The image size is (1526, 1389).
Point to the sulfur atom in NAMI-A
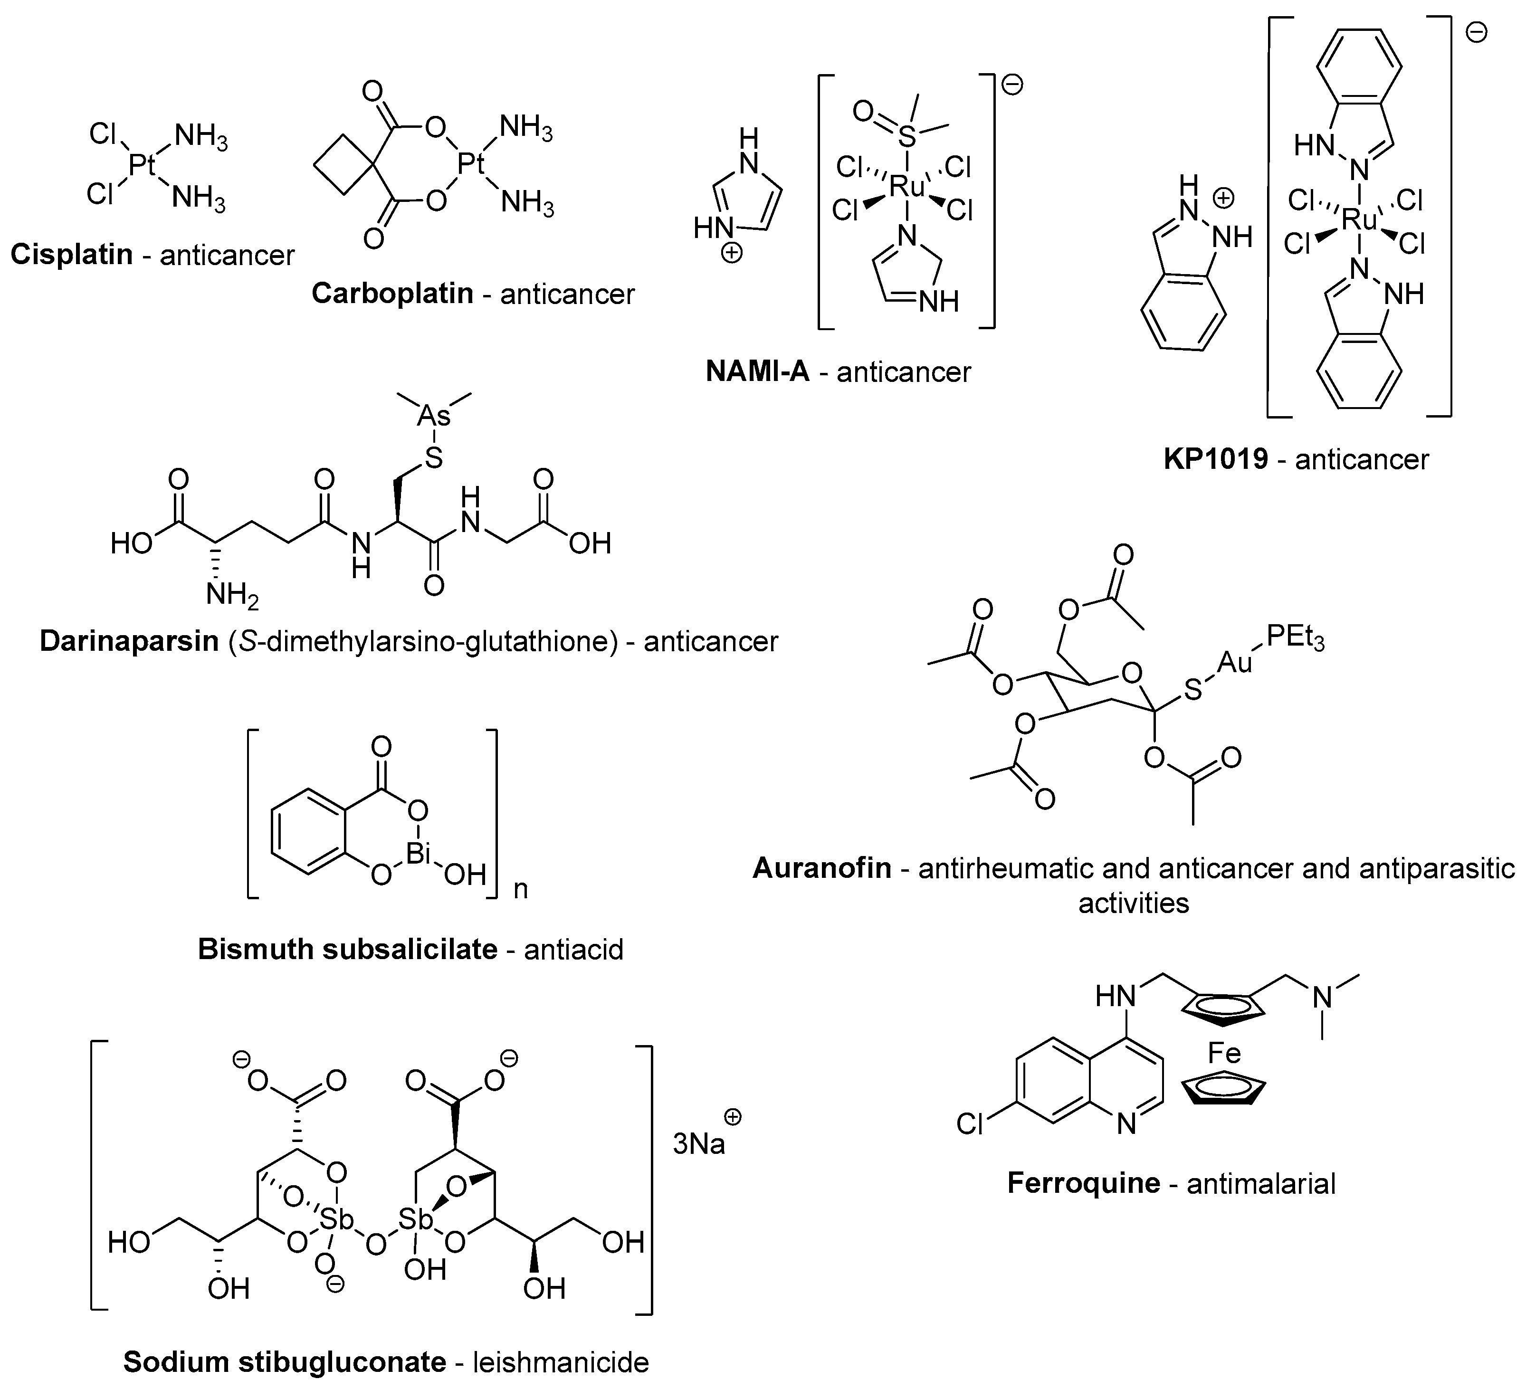pos(907,137)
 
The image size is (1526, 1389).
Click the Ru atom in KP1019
pos(1359,221)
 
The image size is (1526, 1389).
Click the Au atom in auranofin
pos(1235,663)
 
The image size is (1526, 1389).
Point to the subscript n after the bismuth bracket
pos(521,889)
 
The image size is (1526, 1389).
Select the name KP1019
pos(1216,459)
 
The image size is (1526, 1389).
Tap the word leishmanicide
pos(561,1362)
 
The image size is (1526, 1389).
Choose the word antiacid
pos(573,949)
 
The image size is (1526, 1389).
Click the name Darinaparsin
pos(129,641)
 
